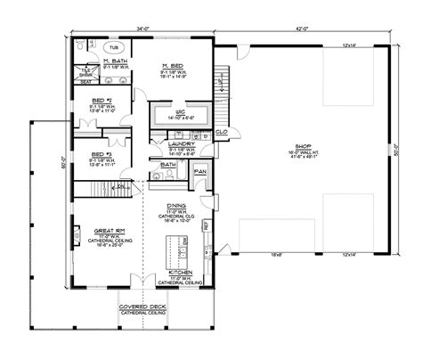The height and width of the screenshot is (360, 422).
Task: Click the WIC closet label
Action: coord(181,108)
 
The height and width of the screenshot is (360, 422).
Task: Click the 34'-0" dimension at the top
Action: coord(143,29)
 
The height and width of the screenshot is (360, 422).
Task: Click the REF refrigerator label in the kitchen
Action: coord(207,227)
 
